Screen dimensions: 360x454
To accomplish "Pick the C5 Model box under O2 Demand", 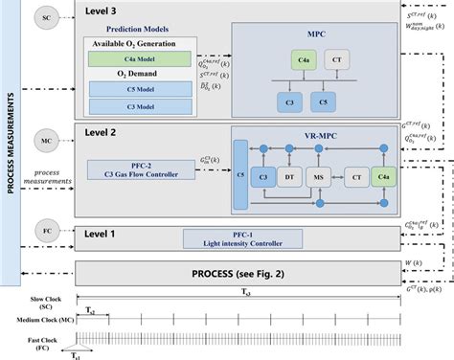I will point(140,90).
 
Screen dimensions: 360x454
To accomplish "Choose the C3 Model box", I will point(140,106).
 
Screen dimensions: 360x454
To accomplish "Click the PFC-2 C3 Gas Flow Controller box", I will point(140,169).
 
